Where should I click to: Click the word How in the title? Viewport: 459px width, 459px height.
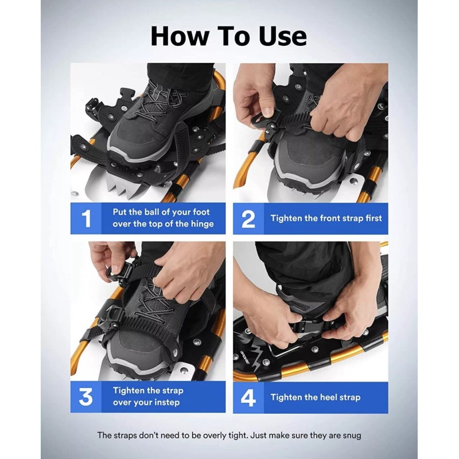click(180, 36)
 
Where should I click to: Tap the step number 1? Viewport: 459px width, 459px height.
click(87, 219)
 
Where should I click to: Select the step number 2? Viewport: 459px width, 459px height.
click(248, 219)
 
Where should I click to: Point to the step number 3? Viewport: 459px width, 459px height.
click(85, 396)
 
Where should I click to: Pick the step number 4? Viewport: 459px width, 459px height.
click(248, 398)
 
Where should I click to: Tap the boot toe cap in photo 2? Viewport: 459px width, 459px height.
click(310, 164)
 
